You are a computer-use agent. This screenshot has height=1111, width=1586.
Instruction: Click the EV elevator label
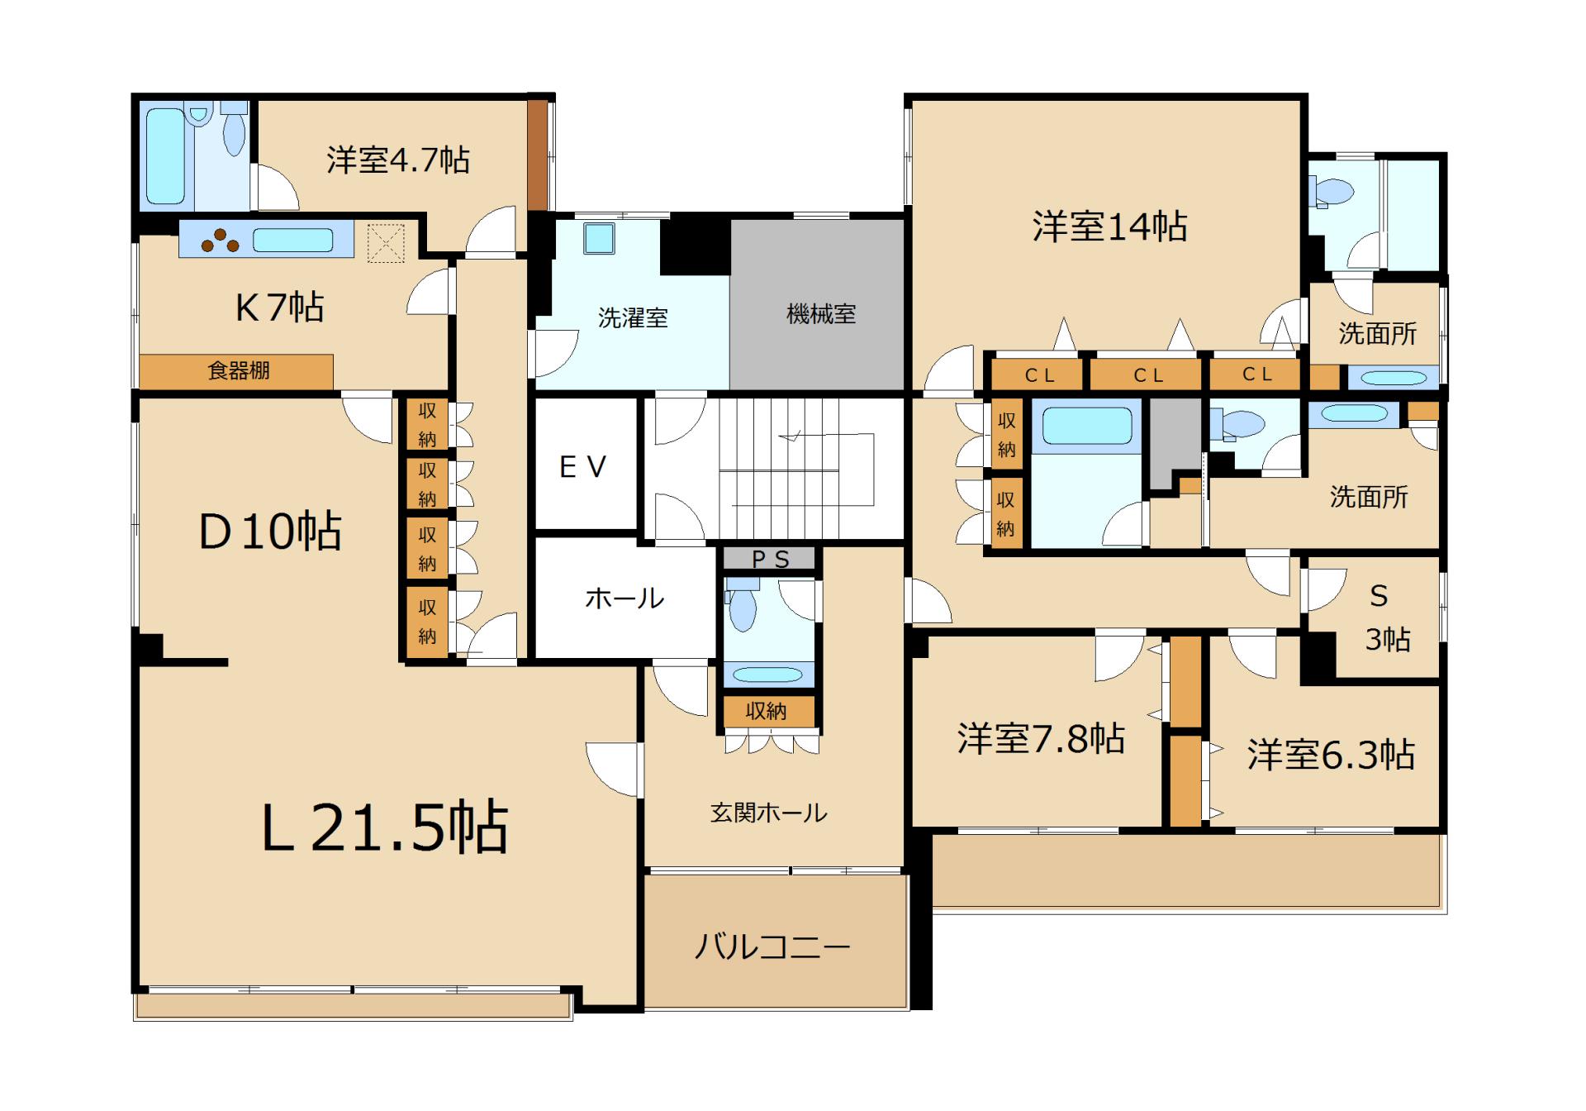tap(583, 467)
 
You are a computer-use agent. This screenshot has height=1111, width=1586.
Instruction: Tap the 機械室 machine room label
tap(821, 314)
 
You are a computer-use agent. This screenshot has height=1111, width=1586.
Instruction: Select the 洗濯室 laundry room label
tap(633, 317)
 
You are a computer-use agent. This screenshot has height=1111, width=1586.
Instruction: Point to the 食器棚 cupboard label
tap(239, 370)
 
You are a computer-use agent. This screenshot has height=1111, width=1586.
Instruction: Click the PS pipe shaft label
tap(771, 560)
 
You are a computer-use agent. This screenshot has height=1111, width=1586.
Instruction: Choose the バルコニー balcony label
tap(772, 946)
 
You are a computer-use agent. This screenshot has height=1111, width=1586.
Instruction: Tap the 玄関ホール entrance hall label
tap(769, 813)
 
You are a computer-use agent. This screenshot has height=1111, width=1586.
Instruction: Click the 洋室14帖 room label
tap(1110, 226)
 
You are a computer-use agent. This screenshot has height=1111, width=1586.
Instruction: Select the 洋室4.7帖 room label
tap(398, 160)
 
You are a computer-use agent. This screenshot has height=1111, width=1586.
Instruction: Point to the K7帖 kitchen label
tap(279, 308)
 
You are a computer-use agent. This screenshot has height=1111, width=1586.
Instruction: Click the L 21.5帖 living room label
tap(385, 827)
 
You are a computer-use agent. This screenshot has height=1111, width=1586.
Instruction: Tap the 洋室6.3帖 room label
tap(1332, 755)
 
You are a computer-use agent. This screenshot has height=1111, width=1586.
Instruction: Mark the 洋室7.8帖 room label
tap(1041, 738)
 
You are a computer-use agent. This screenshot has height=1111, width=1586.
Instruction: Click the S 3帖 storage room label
tap(1386, 617)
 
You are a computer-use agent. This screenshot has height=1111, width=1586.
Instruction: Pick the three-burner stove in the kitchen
tap(221, 240)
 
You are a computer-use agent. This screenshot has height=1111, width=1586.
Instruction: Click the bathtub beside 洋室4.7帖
tap(165, 156)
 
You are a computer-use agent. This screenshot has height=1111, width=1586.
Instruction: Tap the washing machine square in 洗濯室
tap(598, 239)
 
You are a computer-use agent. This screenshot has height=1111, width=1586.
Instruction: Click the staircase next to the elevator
tap(796, 470)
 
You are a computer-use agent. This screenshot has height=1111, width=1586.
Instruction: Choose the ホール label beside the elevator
tap(624, 598)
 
